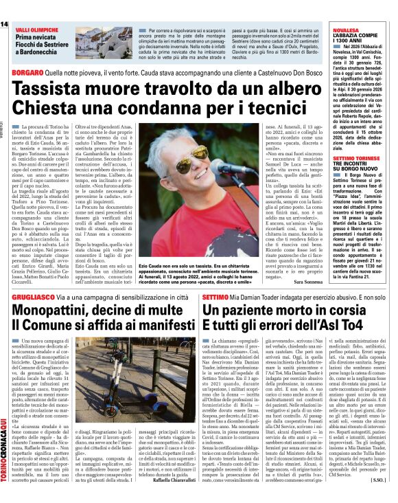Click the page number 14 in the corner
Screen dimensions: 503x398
(x=4, y=25)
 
